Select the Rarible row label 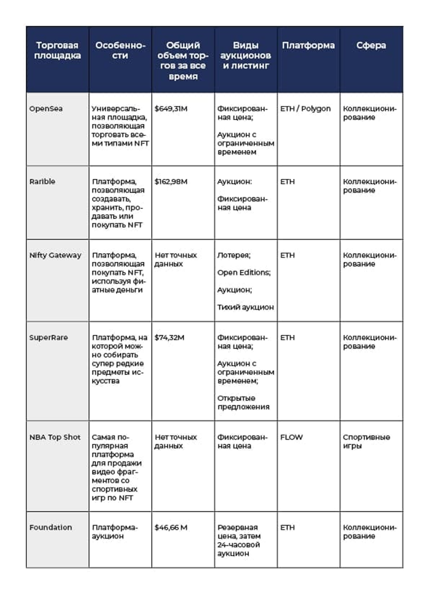click(42, 182)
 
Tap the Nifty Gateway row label click(55, 255)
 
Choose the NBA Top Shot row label click(55, 437)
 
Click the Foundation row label click(51, 527)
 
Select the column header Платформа click(308, 45)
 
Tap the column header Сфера click(371, 45)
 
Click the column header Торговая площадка click(58, 51)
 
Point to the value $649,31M click(171, 109)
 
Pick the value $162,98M click(171, 182)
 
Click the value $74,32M click(169, 338)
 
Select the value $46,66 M click(171, 527)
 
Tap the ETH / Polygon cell click(305, 109)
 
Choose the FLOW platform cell click(291, 437)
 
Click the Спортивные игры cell click(366, 441)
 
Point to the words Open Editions click(244, 273)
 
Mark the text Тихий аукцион click(245, 307)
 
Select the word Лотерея click(234, 255)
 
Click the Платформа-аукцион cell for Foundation click(115, 531)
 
